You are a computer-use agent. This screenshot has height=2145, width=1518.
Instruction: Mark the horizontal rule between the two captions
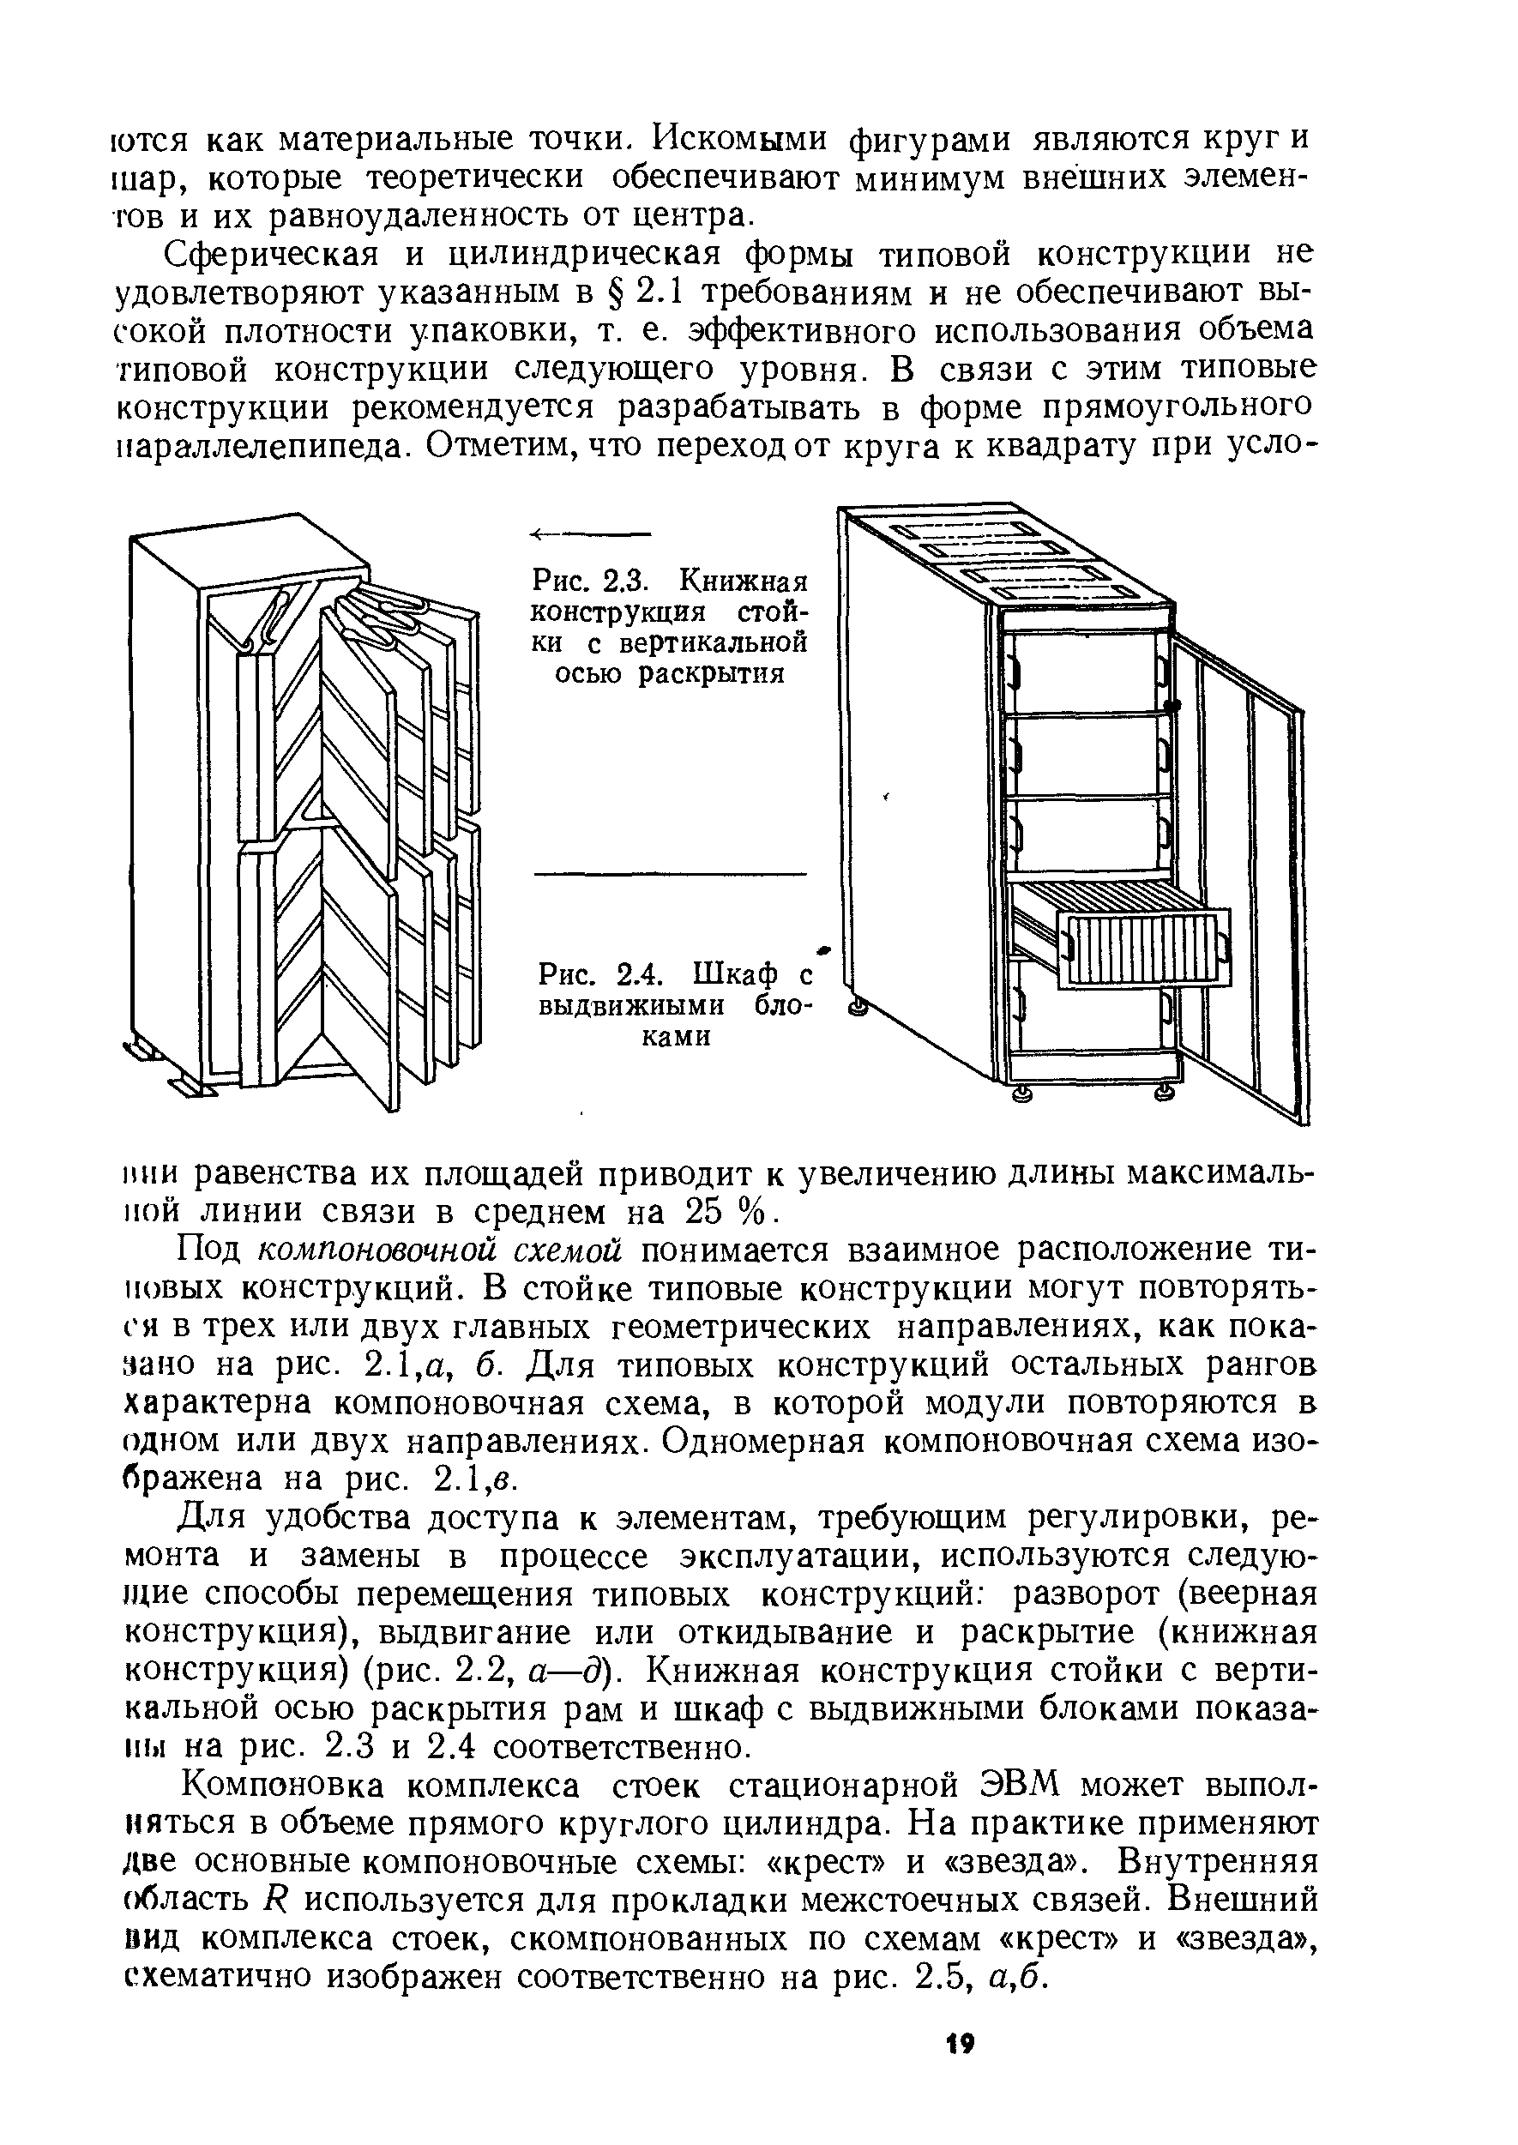(x=668, y=873)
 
